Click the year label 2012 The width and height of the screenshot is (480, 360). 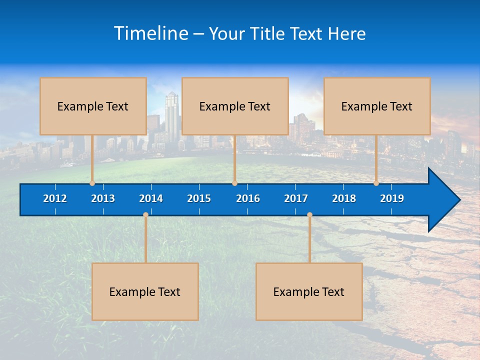coord(55,198)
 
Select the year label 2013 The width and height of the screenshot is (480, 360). coord(103,198)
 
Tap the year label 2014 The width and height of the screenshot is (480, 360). coord(151,198)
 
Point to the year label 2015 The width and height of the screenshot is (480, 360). coord(199,198)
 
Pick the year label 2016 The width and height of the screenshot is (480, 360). coord(248,198)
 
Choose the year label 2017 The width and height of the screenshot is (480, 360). coord(296,198)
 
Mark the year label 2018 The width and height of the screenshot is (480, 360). coord(344,198)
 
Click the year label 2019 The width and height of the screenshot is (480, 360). coord(392,198)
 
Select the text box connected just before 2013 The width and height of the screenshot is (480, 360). coord(93,106)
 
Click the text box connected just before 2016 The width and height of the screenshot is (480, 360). coord(235,106)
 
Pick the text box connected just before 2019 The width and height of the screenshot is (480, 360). coord(377,106)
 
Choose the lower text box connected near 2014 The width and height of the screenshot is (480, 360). coord(145,291)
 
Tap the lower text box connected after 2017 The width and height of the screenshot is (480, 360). coord(309,291)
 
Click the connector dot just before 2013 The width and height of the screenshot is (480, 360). coord(92,183)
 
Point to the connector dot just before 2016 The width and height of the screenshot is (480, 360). coord(234,183)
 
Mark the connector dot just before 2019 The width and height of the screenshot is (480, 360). coord(376,183)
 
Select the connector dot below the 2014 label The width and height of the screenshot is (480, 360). coord(145,214)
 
